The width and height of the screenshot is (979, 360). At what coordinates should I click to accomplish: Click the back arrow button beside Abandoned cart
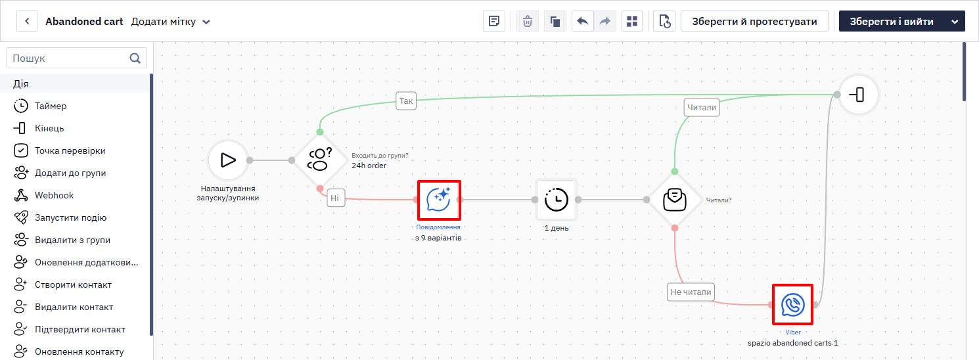click(x=27, y=22)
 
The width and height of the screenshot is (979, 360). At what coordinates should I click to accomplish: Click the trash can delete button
click(x=528, y=22)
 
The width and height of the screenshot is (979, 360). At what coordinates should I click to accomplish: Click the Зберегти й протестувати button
click(x=754, y=22)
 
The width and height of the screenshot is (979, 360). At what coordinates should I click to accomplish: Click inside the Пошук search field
click(x=70, y=58)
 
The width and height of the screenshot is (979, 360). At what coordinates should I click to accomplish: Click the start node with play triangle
click(x=228, y=160)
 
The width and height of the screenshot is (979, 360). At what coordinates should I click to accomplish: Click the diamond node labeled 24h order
click(x=320, y=160)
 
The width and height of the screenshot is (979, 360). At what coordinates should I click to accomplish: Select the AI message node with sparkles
click(x=438, y=200)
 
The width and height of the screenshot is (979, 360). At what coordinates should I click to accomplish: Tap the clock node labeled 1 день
click(x=557, y=200)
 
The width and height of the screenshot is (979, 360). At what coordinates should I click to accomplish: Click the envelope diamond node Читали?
click(x=675, y=200)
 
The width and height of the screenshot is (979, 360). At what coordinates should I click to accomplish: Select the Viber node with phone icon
click(x=793, y=305)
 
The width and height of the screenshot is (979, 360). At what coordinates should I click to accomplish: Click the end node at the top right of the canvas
click(x=859, y=95)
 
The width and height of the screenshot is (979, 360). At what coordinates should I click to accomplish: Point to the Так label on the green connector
click(x=406, y=101)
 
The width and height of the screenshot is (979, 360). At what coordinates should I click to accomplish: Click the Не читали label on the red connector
click(x=691, y=292)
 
